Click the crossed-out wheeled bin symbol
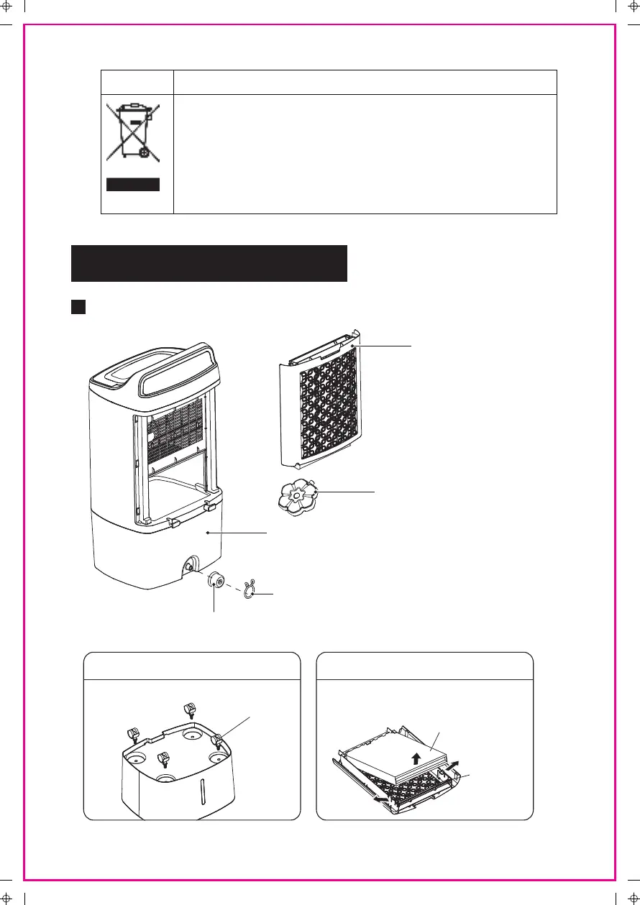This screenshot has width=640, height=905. click(x=132, y=132)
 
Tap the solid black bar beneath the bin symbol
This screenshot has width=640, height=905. click(x=132, y=185)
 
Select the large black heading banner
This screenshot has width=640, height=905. click(x=209, y=263)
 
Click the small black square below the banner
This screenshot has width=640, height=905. click(x=78, y=307)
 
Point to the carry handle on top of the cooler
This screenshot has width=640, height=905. click(x=180, y=371)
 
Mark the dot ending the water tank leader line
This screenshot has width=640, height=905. click(x=207, y=533)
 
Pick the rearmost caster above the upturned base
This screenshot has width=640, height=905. click(x=190, y=709)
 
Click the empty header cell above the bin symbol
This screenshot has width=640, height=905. click(x=137, y=82)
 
